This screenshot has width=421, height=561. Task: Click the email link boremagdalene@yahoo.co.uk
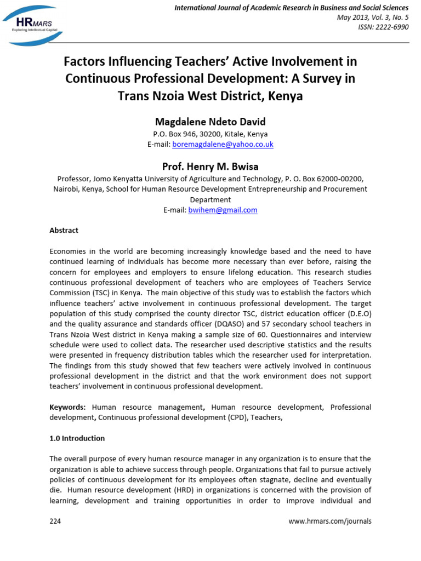tap(223, 144)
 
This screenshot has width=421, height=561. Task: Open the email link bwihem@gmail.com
tap(223, 210)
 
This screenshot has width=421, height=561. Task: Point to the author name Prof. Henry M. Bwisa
tap(210, 166)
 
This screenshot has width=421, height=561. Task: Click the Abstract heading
tap(64, 230)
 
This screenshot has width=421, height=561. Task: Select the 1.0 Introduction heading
tap(77, 438)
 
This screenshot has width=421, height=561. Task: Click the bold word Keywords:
tap(67, 407)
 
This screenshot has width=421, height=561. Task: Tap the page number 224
tap(55, 521)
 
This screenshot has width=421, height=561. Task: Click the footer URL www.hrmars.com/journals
tap(329, 521)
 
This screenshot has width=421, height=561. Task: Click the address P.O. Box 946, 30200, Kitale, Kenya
tap(210, 134)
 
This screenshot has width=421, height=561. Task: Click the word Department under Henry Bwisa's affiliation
tap(210, 199)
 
